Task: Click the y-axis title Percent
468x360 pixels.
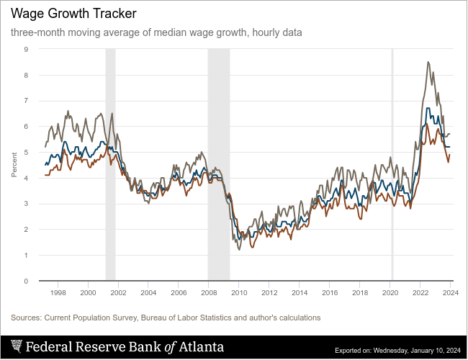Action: point(14,165)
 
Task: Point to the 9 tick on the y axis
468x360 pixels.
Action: point(26,50)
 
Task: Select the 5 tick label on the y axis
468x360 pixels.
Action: point(26,153)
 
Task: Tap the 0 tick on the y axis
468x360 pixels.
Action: point(26,282)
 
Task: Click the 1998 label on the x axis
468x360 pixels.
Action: point(58,293)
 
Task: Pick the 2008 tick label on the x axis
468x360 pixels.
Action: point(209,293)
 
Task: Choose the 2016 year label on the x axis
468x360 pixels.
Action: point(330,293)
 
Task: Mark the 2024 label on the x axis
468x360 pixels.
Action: point(450,293)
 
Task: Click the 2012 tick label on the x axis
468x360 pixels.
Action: point(269,293)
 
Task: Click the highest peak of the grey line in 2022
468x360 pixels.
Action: point(428,63)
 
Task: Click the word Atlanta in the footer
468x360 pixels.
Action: point(201,347)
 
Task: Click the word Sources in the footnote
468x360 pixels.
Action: point(25,318)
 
